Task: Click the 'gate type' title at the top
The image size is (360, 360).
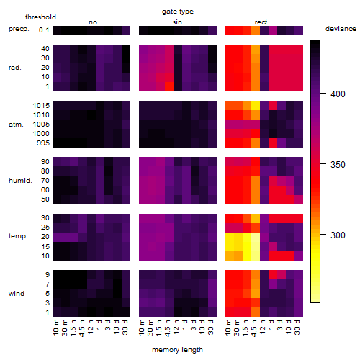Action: [178, 12]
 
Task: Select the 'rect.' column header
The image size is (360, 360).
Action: [262, 22]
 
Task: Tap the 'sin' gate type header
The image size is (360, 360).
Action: [177, 22]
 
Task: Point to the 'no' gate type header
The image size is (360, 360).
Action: [93, 22]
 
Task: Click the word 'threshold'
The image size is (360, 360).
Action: [40, 17]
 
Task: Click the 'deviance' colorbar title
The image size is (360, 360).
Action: [341, 29]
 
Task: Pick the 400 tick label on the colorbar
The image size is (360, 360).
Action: [338, 94]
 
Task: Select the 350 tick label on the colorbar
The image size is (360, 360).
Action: [338, 165]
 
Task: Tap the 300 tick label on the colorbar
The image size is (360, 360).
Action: [338, 235]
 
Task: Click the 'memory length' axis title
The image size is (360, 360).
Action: [178, 350]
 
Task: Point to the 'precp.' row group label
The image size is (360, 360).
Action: [19, 29]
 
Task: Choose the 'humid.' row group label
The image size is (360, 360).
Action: [20, 180]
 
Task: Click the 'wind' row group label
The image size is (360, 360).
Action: [17, 294]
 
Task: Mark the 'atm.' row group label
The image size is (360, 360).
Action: [16, 125]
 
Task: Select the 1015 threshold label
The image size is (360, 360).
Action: [41, 106]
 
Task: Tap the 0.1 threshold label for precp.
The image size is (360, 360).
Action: [44, 30]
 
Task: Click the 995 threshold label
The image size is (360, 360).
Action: [43, 143]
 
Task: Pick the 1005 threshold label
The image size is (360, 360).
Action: [41, 125]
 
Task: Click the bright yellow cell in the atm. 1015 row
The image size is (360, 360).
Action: [256, 106]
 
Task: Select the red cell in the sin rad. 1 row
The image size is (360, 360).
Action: [169, 86]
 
